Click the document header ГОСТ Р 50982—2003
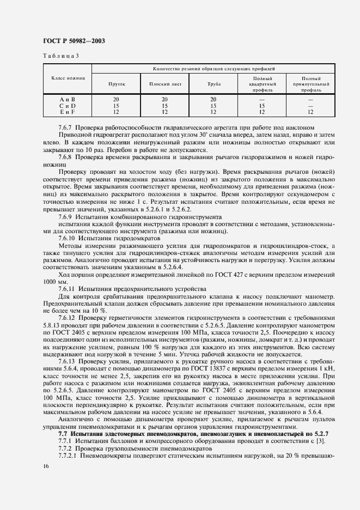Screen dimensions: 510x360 (x=74, y=41)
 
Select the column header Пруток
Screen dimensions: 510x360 (x=117, y=84)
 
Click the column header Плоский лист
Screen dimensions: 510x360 (x=164, y=84)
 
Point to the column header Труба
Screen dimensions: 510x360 (x=213, y=84)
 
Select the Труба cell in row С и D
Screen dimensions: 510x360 (x=213, y=106)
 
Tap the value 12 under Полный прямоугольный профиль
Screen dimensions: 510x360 (x=310, y=112)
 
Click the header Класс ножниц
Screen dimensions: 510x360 (x=68, y=78)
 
